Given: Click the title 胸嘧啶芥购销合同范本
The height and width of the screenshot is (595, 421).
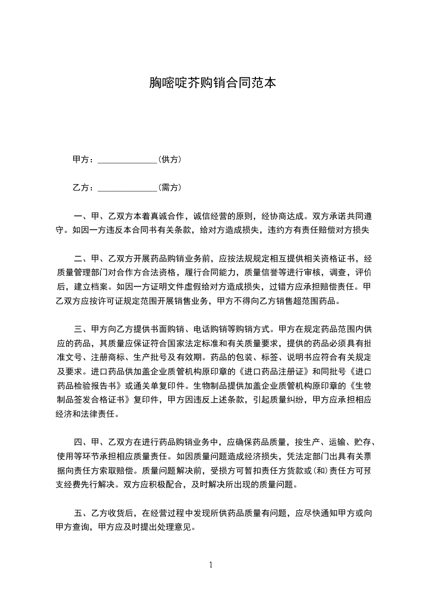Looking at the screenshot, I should (x=210, y=83).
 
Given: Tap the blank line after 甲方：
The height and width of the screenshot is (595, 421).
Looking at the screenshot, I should (x=127, y=160).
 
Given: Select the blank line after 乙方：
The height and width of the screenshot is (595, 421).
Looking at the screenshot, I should (x=127, y=188).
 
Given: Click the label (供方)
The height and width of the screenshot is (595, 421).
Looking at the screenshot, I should (x=170, y=159).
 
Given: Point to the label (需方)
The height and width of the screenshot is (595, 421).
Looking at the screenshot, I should (x=170, y=187).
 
